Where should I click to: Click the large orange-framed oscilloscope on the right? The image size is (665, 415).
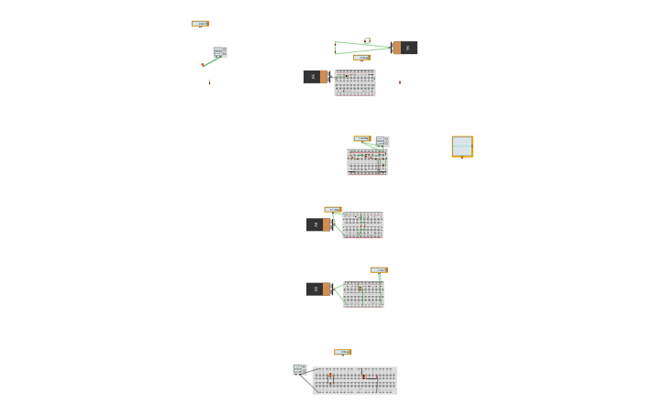tap(462, 147)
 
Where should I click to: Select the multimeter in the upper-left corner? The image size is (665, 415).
tap(200, 24)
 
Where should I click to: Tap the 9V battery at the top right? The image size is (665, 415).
tap(405, 48)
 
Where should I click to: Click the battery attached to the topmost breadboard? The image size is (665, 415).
tap(316, 77)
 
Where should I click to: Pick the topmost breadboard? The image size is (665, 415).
tap(355, 83)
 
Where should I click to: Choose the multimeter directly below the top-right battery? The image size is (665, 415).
tap(361, 58)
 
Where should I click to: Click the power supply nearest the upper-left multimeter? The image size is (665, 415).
tap(220, 52)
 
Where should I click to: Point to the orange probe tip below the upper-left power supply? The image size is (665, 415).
tap(203, 65)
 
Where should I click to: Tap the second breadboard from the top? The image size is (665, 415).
tap(367, 161)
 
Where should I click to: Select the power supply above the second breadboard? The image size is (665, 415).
tap(382, 141)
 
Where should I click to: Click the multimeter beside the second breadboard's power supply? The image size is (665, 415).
tap(362, 139)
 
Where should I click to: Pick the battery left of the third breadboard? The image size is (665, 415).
tap(319, 224)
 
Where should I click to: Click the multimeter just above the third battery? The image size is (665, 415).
tap(332, 210)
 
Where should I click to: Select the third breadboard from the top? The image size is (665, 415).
tap(363, 225)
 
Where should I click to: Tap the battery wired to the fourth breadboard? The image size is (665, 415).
tap(318, 289)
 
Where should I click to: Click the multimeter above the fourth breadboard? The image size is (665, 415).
tap(379, 270)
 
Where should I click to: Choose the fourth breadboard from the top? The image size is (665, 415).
tap(363, 294)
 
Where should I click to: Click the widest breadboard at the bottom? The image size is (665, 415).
tap(355, 380)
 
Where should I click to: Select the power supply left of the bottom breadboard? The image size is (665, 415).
tap(300, 369)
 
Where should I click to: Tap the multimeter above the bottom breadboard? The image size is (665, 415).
tap(343, 353)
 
